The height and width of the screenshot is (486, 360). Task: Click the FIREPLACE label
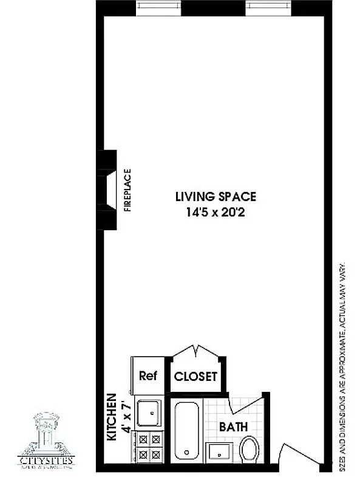pos(127,190)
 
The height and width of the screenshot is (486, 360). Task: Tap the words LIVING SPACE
pos(216,197)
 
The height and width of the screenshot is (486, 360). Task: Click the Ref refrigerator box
pos(148,375)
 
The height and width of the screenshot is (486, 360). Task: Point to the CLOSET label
pos(195,376)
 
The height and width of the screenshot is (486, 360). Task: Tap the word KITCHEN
pos(112,417)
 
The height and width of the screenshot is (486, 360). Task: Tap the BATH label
pos(233,427)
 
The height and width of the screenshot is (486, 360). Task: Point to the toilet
pos(250,448)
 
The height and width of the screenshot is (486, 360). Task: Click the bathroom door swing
pos(246,407)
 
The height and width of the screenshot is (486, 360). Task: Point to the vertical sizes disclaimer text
pos(343,364)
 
